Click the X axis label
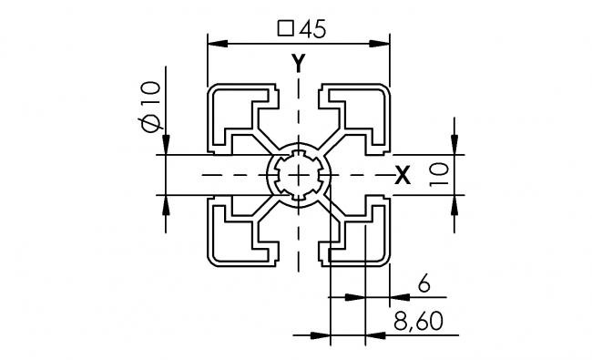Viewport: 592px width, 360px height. [x=402, y=177]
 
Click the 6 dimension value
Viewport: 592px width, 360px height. [x=423, y=284]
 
